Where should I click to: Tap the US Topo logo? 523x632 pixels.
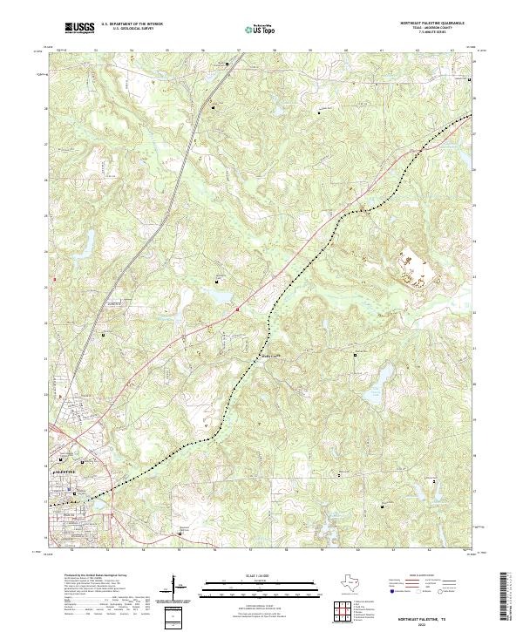coord(262,30)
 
